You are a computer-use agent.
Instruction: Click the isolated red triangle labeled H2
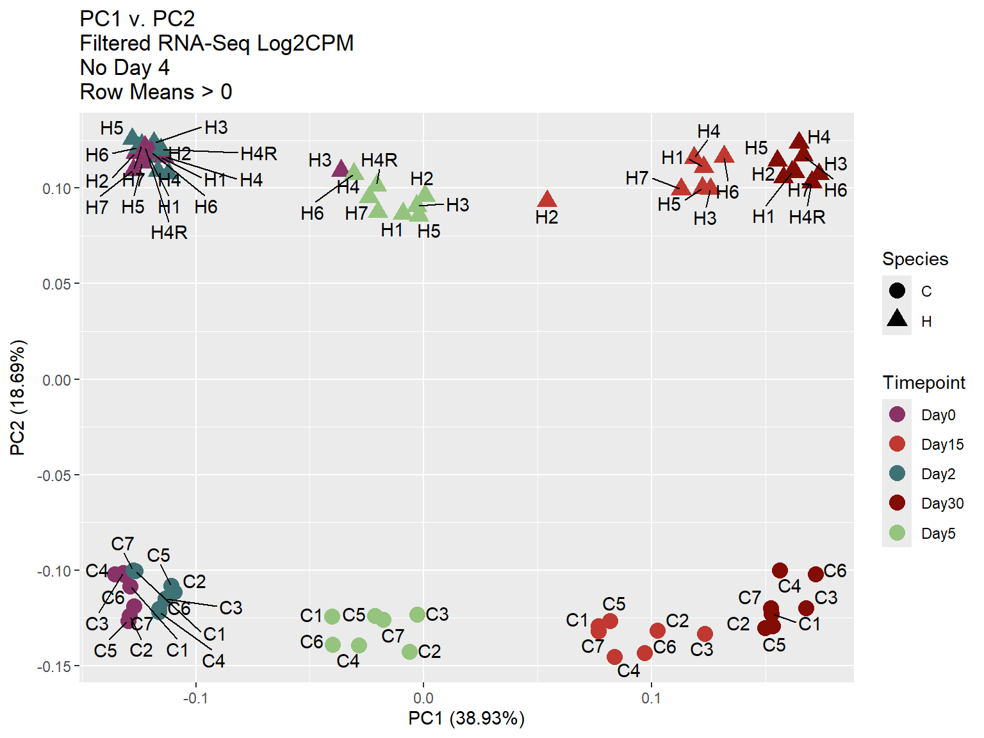tap(547, 199)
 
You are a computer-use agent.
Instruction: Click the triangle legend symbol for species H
tap(897, 318)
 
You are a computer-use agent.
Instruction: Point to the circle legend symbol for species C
tap(897, 291)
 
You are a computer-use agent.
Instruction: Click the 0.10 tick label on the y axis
tap(56, 189)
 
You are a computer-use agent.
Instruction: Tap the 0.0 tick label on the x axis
tap(423, 698)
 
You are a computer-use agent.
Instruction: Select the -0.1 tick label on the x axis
tap(195, 698)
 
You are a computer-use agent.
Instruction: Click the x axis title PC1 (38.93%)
tap(466, 719)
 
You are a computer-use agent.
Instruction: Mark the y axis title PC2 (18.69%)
tap(18, 397)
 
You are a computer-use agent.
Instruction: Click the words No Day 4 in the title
tap(124, 67)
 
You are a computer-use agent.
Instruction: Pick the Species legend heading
tap(915, 259)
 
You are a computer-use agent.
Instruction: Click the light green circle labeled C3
tap(417, 615)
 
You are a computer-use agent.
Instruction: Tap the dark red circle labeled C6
tap(816, 574)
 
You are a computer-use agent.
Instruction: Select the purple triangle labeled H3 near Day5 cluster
tap(341, 169)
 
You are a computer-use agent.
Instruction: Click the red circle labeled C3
tap(705, 634)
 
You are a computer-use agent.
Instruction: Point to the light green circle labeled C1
tap(332, 617)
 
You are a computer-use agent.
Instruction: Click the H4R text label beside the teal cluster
tap(259, 154)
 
